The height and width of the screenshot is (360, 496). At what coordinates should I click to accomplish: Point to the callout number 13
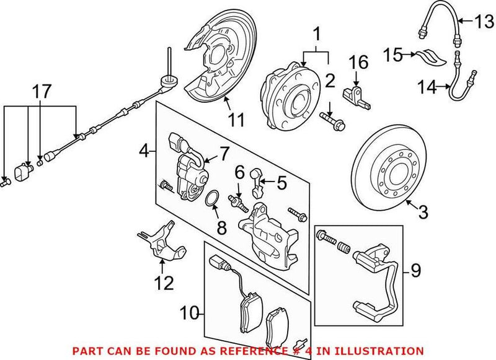482,23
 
